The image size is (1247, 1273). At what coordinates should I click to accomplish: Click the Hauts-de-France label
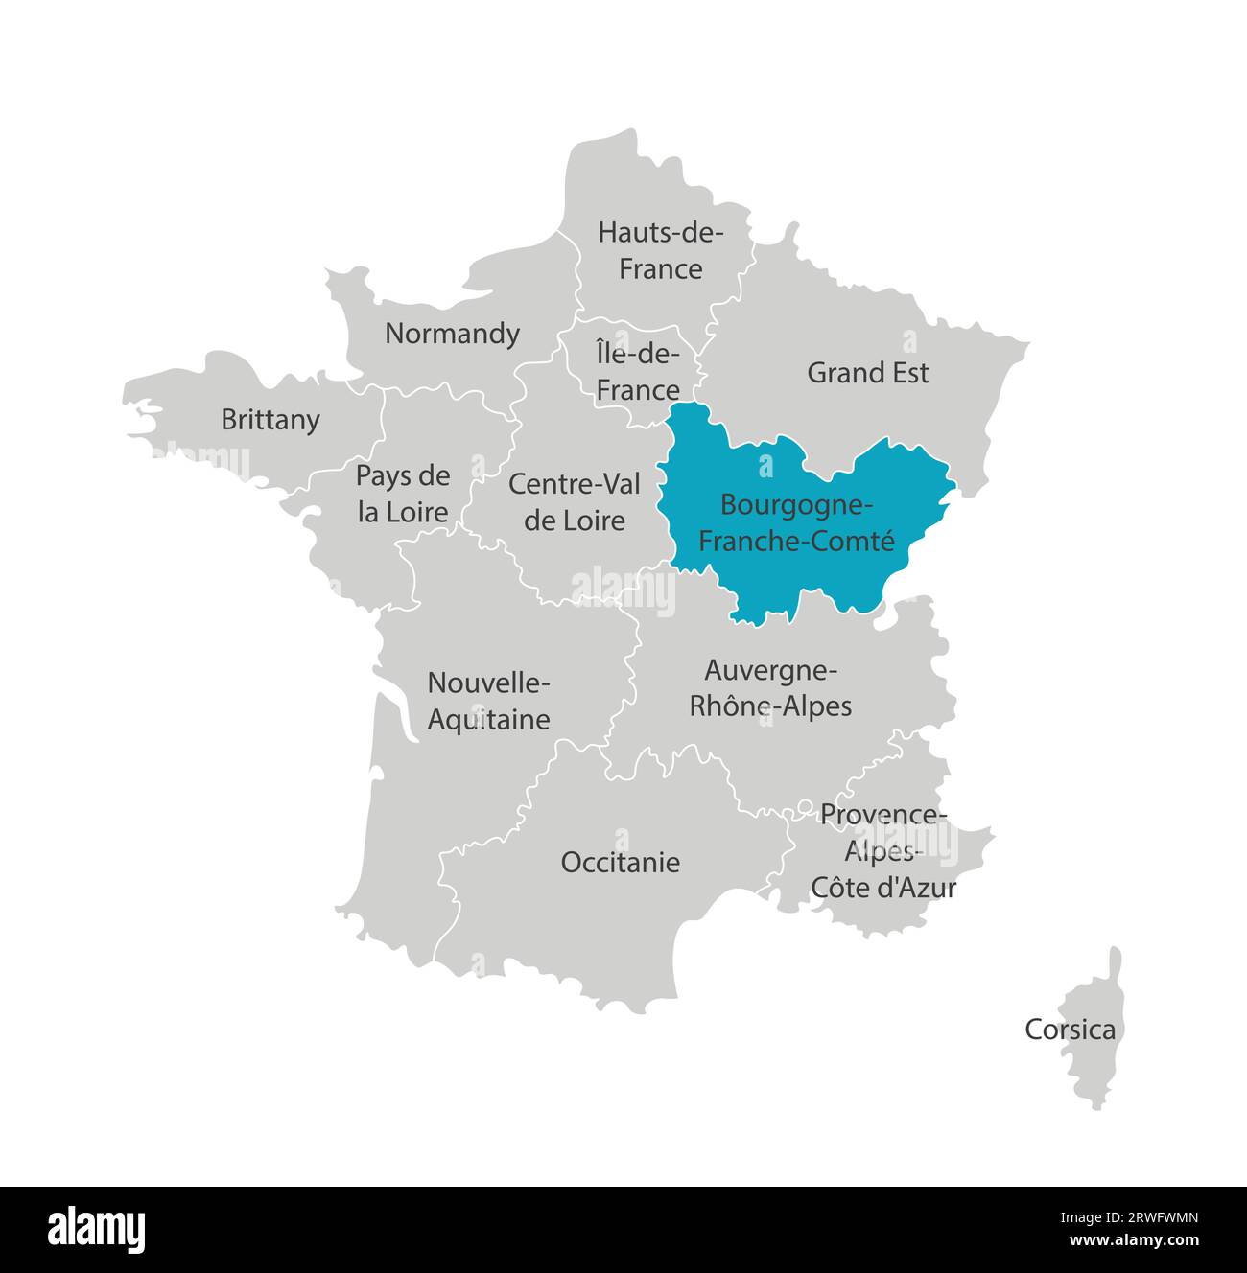(660, 250)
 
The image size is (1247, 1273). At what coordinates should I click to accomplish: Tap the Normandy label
(452, 334)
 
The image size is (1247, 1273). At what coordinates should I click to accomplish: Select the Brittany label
(270, 420)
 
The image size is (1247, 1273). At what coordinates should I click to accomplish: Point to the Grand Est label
(867, 372)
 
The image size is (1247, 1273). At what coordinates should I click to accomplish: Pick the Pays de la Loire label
(403, 494)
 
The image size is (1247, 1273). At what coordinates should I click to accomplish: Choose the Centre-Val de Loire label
(575, 501)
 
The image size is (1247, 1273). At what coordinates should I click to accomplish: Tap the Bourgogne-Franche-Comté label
(795, 522)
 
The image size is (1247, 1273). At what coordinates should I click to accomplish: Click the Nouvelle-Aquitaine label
(488, 701)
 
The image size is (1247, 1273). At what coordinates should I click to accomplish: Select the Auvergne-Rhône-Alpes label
(770, 687)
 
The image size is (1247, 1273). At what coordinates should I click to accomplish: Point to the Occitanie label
(621, 862)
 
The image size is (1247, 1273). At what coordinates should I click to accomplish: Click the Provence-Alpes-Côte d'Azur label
(883, 851)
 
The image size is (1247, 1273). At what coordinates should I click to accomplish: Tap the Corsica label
(1070, 1030)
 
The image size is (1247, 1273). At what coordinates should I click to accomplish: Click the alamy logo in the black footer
(97, 1229)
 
